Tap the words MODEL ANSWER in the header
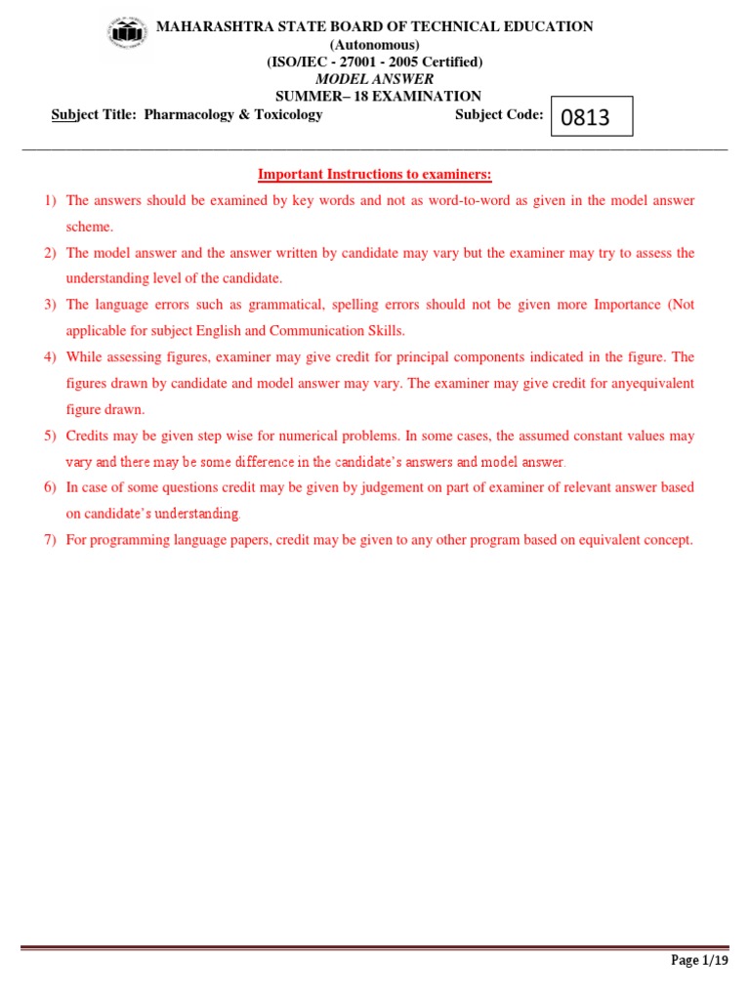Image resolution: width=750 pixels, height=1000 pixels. (x=375, y=79)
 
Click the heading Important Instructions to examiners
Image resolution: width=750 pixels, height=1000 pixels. (x=375, y=175)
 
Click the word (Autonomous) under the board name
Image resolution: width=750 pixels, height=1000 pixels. (x=375, y=45)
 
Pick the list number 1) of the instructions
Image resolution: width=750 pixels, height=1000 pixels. (x=51, y=201)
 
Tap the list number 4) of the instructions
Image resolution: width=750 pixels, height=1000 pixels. (x=51, y=357)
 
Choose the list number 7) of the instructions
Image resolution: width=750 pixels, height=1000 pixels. (x=51, y=540)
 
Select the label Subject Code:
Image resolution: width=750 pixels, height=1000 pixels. (x=499, y=114)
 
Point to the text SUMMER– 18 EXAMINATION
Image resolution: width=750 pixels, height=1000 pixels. (x=378, y=96)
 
